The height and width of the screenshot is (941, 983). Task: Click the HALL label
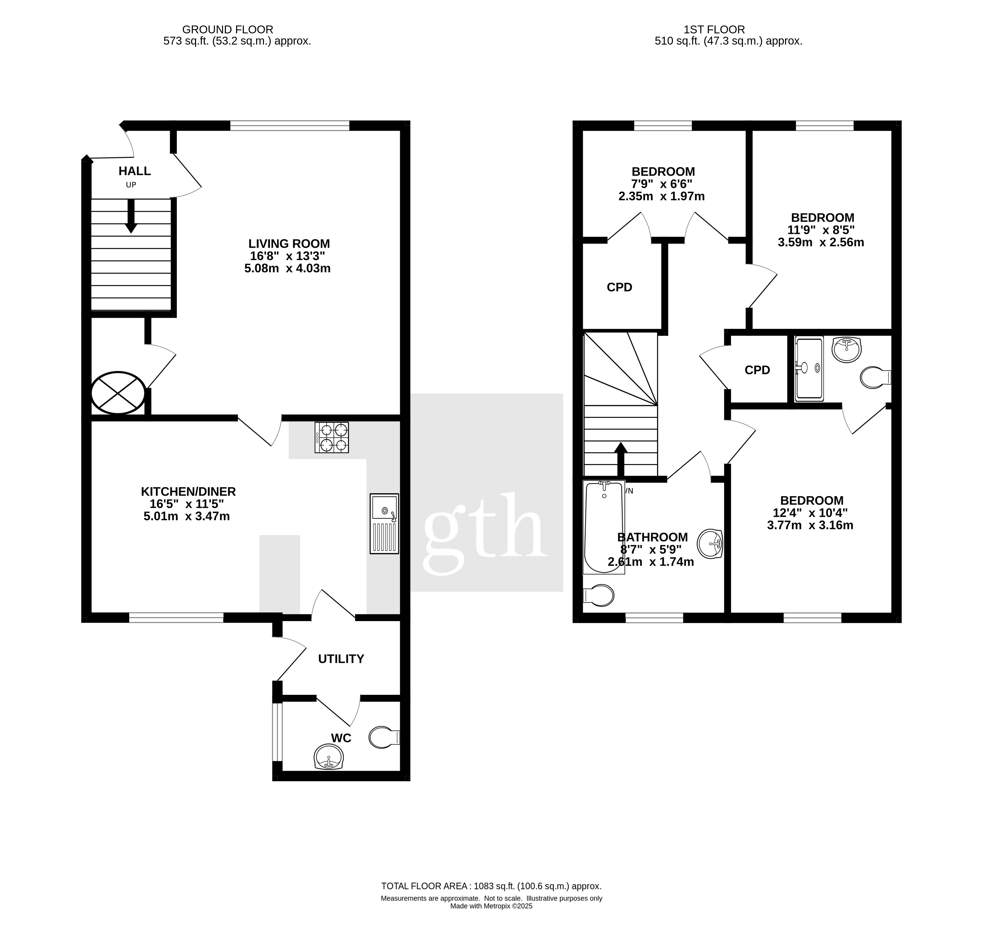coord(135,171)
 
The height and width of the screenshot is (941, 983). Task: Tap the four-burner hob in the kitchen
coord(332,437)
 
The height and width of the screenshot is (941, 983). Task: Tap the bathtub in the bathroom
coord(604,527)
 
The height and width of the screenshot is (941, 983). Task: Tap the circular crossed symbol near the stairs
coord(118,393)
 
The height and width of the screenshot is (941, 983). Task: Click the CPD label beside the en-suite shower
coord(757,370)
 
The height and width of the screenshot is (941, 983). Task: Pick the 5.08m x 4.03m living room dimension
coord(287,268)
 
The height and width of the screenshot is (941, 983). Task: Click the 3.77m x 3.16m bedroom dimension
coord(810,525)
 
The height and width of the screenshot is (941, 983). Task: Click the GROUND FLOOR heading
coord(228,30)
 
